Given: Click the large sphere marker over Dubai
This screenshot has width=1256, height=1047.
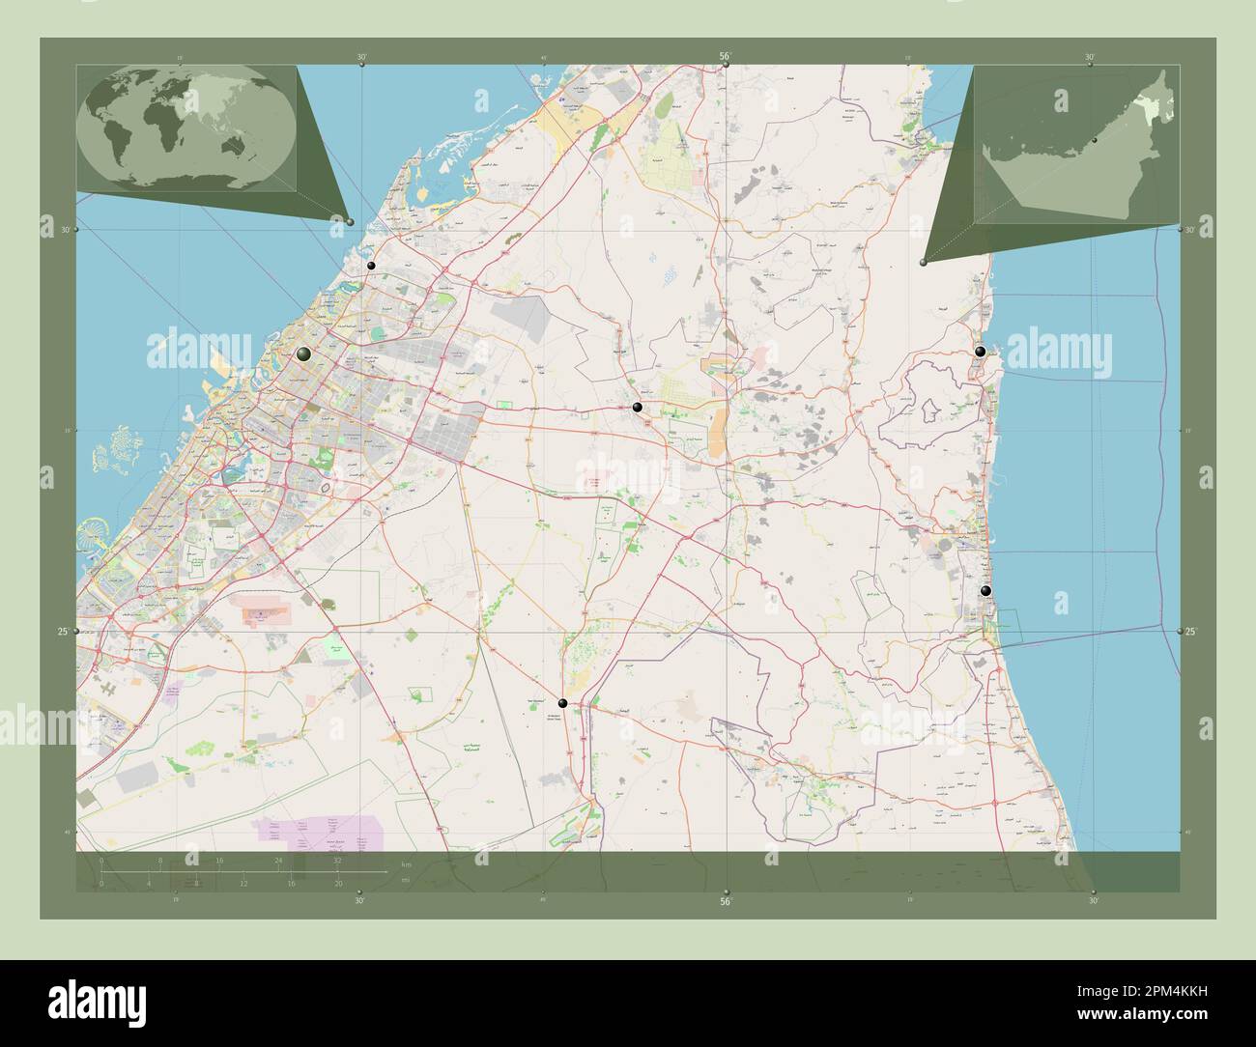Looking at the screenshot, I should (x=304, y=354).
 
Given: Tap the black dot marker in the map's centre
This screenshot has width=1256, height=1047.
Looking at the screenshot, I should (x=637, y=408).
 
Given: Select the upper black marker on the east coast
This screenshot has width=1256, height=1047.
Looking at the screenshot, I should (x=981, y=352).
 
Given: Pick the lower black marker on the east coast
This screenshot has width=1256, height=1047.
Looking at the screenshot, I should (x=985, y=591).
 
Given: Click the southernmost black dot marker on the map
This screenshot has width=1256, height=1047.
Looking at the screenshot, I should (x=562, y=703).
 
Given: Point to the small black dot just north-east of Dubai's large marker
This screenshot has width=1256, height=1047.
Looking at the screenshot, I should (x=370, y=266).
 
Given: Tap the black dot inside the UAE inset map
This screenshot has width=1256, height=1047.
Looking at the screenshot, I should (x=1094, y=141).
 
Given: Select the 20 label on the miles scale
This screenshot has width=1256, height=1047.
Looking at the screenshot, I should (x=337, y=883).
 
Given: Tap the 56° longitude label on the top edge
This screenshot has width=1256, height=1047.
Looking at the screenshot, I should (x=727, y=57).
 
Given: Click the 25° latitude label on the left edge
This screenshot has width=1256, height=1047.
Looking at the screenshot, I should (x=60, y=632).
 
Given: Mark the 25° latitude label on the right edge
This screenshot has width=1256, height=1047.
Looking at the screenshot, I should (x=1191, y=632).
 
